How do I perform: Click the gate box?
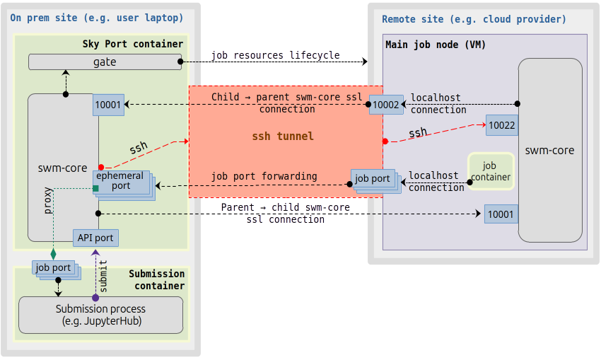coord(105,62)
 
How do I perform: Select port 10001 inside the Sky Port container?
coord(108,105)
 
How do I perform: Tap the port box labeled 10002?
coord(386,105)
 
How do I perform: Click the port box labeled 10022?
coord(502,125)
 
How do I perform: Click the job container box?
coord(491,171)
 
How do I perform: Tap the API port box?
coord(95,238)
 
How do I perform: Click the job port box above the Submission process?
coord(54,268)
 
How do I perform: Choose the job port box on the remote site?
coord(372,179)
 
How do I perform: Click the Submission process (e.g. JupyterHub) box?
coord(100,315)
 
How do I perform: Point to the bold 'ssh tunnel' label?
coord(283,136)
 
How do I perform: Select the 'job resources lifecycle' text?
coord(275,55)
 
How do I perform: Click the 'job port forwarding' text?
coord(264,176)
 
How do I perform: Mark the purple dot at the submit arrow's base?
coord(95,298)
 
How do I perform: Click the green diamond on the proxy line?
coord(53,252)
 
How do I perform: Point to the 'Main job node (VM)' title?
coord(436,45)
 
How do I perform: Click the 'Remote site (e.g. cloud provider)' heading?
coord(474,19)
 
